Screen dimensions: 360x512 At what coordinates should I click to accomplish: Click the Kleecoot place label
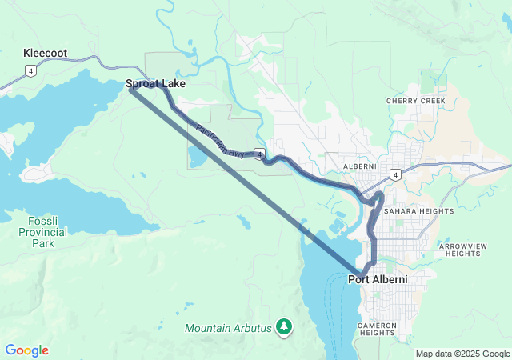click(x=45, y=54)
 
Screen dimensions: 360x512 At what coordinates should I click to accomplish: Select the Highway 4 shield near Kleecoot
click(x=30, y=71)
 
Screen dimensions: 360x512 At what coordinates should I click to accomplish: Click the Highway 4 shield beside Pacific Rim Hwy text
click(x=260, y=153)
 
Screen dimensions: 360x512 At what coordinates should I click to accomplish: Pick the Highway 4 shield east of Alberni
click(x=395, y=174)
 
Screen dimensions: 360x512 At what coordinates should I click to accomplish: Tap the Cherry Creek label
click(x=415, y=102)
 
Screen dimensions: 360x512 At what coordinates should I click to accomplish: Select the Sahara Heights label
click(x=418, y=211)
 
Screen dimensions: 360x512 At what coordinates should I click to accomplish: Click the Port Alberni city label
click(x=378, y=280)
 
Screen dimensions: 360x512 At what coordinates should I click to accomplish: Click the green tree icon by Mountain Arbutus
click(x=284, y=326)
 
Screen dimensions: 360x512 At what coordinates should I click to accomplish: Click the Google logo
click(x=27, y=350)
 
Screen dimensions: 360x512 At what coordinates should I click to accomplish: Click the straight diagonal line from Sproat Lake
click(x=240, y=177)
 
